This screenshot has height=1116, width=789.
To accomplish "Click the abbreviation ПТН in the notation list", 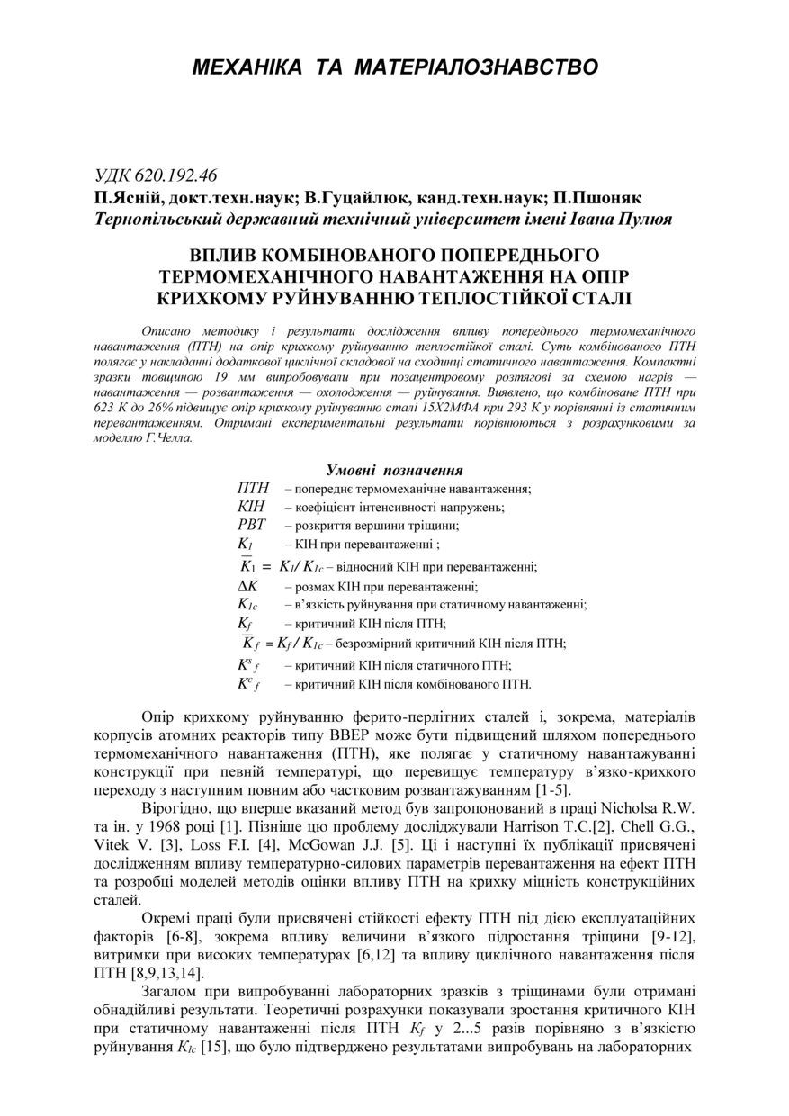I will (x=253, y=489).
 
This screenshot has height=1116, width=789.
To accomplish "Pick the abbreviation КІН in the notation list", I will (x=251, y=507).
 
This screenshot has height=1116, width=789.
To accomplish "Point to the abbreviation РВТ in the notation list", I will (x=252, y=526).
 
